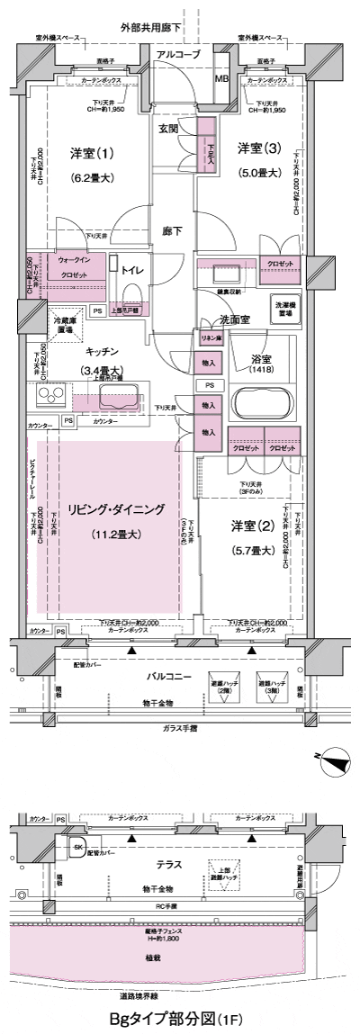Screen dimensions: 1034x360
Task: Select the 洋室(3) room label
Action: tap(258, 147)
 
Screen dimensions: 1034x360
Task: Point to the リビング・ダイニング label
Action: tap(117, 509)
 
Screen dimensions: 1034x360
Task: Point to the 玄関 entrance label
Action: tap(169, 128)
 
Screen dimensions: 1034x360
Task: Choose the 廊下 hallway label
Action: tap(173, 231)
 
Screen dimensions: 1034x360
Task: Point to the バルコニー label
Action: tap(175, 673)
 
